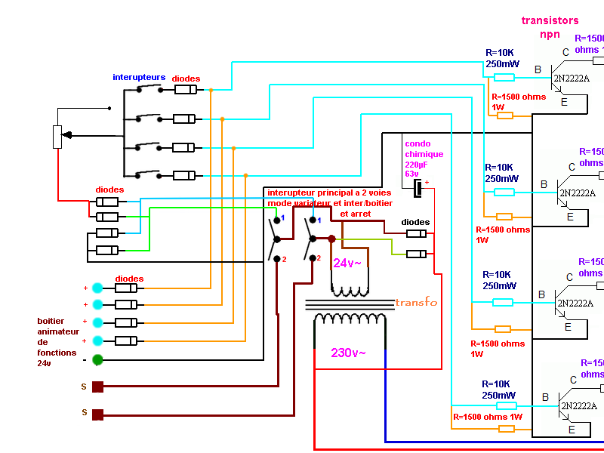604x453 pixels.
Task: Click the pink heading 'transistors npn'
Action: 550,27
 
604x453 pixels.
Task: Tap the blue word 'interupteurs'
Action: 139,77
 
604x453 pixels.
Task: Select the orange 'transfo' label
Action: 416,302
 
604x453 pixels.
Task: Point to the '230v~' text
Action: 348,353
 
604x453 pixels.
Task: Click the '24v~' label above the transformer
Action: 347,263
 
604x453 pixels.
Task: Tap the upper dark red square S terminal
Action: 97,387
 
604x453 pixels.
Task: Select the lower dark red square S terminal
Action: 97,414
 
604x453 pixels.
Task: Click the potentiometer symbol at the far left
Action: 57,137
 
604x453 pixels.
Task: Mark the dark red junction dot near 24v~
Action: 331,239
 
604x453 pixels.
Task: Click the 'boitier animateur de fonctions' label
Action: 57,342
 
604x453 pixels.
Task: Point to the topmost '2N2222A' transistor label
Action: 571,78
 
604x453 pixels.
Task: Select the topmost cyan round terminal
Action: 97,288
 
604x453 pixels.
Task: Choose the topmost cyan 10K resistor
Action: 504,77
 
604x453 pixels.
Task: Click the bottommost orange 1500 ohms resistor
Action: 507,428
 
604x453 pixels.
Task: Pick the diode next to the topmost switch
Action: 186,90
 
